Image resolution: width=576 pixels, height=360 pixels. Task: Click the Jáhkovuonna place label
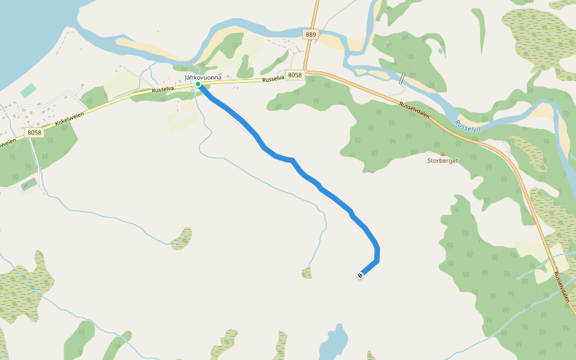(x=203, y=77)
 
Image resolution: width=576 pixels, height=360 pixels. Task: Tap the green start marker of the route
(x=198, y=85)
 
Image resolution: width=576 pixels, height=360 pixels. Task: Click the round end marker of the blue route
(x=360, y=275)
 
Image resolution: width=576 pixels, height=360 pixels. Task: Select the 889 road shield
(x=310, y=35)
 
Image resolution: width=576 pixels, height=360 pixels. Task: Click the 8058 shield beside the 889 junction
(x=294, y=75)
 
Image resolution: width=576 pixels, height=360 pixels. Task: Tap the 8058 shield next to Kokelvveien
(x=35, y=131)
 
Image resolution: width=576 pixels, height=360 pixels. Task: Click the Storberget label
(x=442, y=161)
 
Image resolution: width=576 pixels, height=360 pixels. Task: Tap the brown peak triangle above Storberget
(x=443, y=154)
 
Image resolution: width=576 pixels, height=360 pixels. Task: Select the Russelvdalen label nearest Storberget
(x=415, y=110)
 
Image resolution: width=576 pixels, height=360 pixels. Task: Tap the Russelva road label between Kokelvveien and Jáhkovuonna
(x=163, y=90)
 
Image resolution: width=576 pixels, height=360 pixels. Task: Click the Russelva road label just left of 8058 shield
(x=273, y=78)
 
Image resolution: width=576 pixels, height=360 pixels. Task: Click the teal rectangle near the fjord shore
(x=28, y=91)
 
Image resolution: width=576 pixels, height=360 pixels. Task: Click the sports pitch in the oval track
(x=28, y=185)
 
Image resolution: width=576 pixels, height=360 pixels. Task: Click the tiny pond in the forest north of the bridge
(x=440, y=52)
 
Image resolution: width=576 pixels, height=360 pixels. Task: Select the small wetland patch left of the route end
(x=307, y=274)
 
